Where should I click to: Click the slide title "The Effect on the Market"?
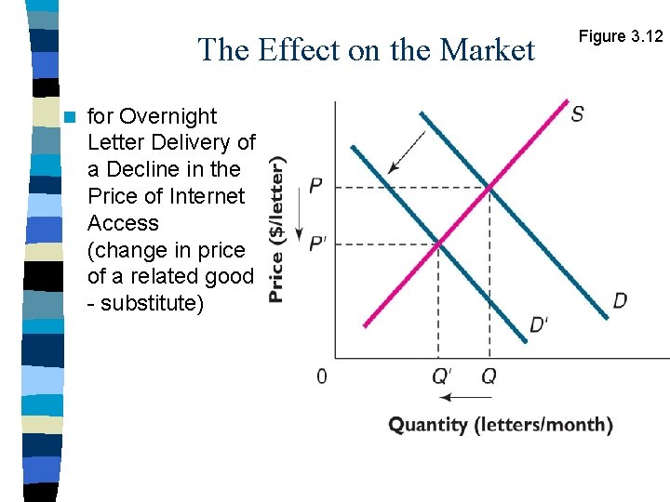367,49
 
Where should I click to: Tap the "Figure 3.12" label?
621,36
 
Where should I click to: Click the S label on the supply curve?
577,113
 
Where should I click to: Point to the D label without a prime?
620,300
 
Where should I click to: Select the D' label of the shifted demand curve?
540,324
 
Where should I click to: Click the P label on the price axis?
316,187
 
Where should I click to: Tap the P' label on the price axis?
318,244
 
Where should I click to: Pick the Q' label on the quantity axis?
442,376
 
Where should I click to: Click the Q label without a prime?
489,376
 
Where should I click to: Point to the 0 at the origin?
322,376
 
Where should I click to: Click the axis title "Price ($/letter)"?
277,229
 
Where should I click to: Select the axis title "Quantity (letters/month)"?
501,425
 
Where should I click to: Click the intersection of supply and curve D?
489,188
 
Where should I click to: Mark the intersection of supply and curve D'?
438,244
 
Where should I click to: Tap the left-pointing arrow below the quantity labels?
465,398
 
